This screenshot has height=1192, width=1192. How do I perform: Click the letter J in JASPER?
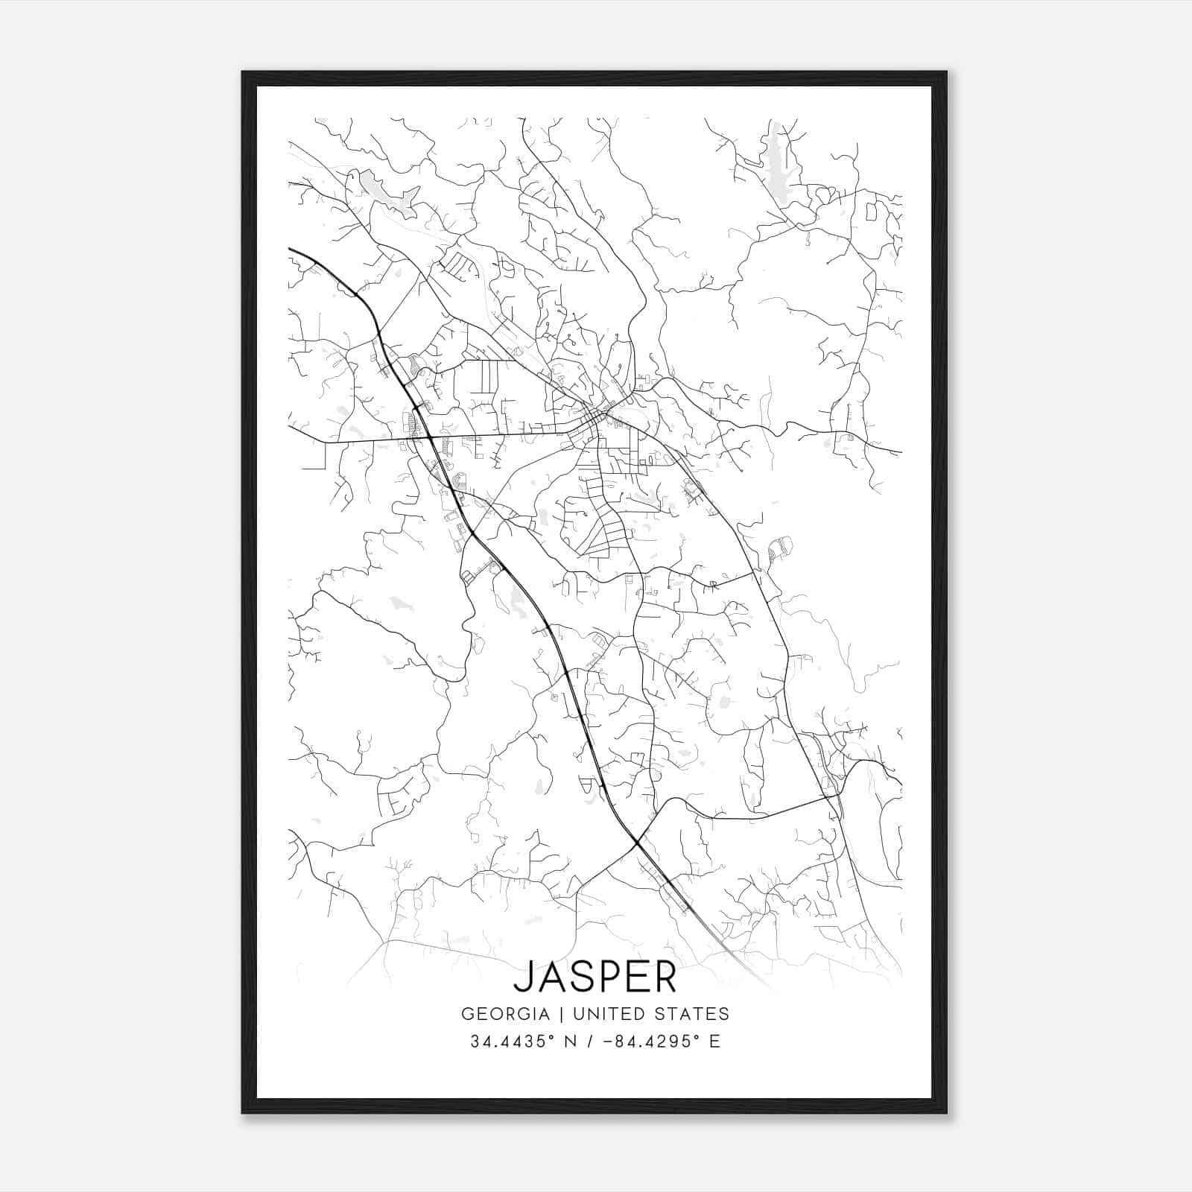pos(524,977)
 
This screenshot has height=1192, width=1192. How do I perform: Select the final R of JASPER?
pos(665,977)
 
